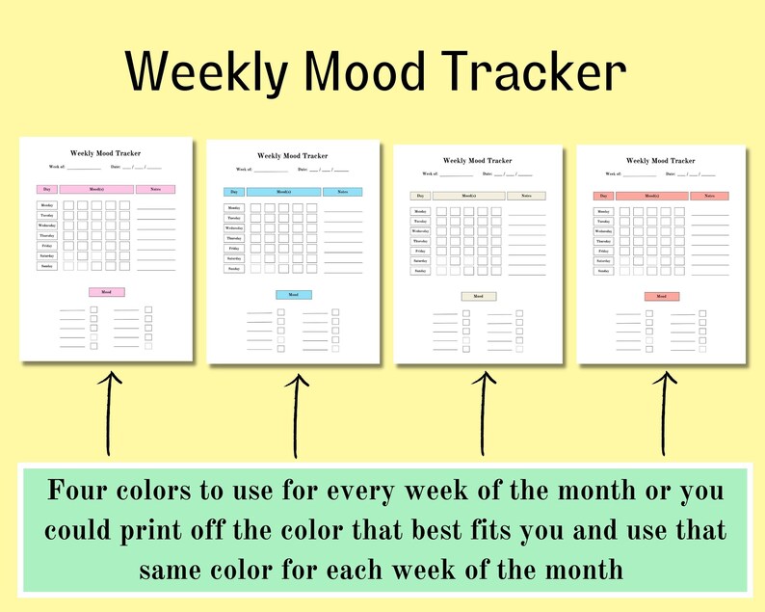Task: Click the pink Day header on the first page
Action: pyautogui.click(x=47, y=189)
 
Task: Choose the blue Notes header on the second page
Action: pyautogui.click(x=342, y=192)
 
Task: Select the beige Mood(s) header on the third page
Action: pyautogui.click(x=468, y=196)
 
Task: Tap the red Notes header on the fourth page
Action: pyautogui.click(x=709, y=196)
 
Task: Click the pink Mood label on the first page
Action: pyautogui.click(x=106, y=292)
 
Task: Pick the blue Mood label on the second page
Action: pyautogui.click(x=293, y=295)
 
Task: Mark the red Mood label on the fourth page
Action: pyautogui.click(x=662, y=297)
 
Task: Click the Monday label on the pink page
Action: pyautogui.click(x=47, y=205)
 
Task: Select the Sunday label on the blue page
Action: pyautogui.click(x=234, y=269)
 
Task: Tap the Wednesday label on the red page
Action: pyautogui.click(x=604, y=231)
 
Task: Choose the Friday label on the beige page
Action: pyautogui.click(x=421, y=252)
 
